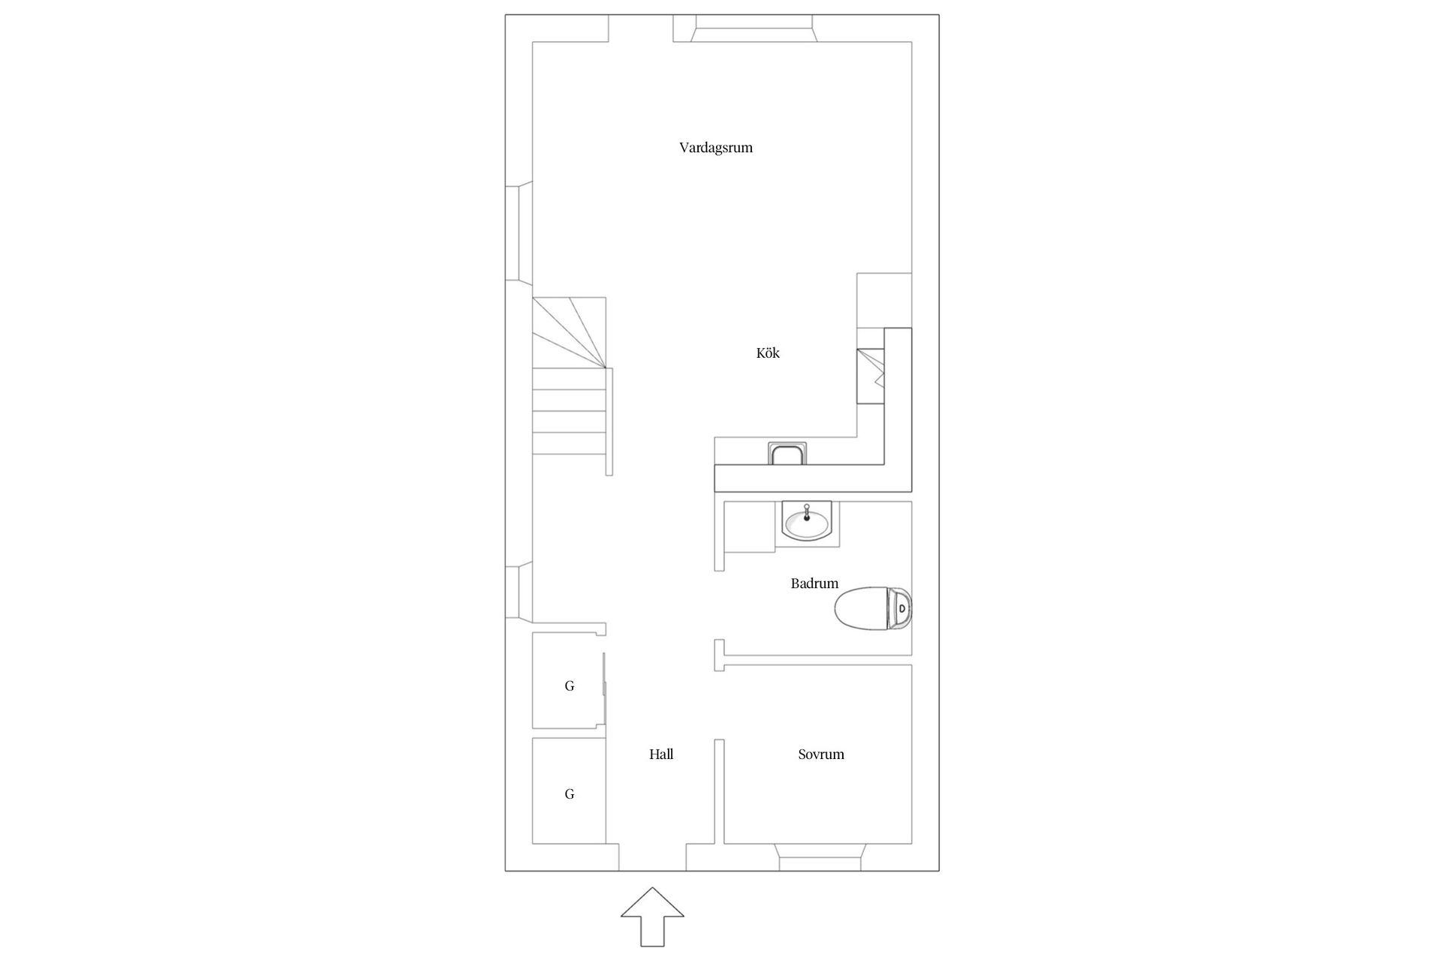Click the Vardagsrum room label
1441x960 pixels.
[715, 148]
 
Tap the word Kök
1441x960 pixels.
[768, 352]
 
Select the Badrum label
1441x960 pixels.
[814, 583]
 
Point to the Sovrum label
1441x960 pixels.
[821, 754]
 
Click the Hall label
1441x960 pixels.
[661, 754]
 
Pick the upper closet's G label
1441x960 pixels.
[570, 685]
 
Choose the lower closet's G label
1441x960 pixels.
[570, 794]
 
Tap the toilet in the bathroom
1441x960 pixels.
[874, 607]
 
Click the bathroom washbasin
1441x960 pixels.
[806, 520]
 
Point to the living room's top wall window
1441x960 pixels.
[755, 29]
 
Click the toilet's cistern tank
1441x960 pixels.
[901, 607]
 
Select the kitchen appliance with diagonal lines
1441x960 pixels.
[871, 376]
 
